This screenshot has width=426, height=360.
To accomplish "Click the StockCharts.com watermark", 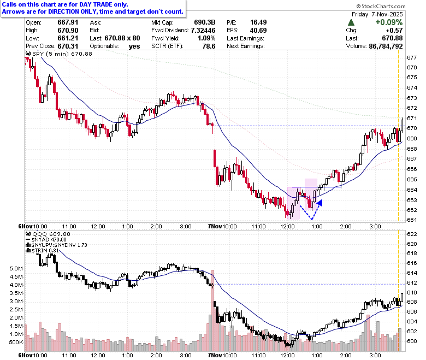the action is coord(381,6).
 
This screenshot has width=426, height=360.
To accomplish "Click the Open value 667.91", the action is coord(68,22).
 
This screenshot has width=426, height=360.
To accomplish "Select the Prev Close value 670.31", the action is coord(68,46).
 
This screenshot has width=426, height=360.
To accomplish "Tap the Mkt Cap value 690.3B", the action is coord(205,22).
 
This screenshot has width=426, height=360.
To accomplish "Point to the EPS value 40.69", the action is coord(258,30).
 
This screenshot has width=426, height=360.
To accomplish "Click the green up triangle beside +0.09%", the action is coord(351,22).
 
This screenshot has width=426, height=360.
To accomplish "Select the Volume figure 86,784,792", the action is coord(386,46).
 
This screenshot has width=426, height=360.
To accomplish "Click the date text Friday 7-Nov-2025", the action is coord(377,14).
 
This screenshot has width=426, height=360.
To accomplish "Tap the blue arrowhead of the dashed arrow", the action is coord(319,203).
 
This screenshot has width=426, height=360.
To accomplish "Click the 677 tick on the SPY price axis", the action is coord(412,57).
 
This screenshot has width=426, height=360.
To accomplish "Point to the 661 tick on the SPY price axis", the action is coord(412,220).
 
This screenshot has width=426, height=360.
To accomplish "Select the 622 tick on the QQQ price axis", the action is coord(412,234).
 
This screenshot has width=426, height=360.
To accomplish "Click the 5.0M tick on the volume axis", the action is coord(16,269).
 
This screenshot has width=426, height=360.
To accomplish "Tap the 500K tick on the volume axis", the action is coord(16,343).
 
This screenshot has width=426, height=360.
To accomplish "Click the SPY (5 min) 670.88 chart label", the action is coord(59,54).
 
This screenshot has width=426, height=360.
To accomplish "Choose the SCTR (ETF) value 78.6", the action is coord(209,46).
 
